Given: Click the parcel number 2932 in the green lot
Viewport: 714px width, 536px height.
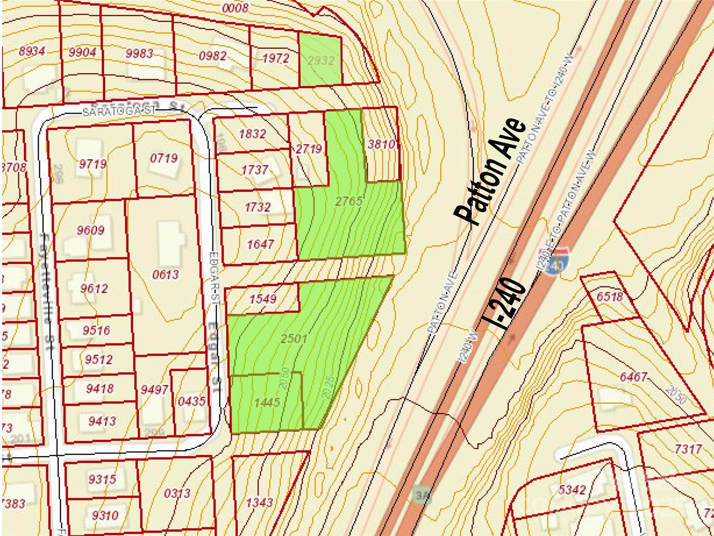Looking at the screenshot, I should pos(321,61).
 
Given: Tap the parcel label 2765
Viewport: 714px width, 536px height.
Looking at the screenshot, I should pos(349,201).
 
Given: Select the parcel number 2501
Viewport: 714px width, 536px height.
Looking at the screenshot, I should pos(294,338).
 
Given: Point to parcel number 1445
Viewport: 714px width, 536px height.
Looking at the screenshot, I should pos(267,402).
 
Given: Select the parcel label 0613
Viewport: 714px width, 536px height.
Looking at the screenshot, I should pos(166,275).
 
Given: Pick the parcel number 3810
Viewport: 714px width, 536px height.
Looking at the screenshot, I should pos(381,144).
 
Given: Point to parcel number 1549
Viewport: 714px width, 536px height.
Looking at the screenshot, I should pos(263,299).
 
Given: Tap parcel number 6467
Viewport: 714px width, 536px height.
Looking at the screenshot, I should pos(633,377).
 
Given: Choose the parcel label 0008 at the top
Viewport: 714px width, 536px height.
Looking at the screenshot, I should pos(235,8).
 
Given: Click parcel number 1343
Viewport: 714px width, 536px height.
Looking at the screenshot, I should pos(259,502).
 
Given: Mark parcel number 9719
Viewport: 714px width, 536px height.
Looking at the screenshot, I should pos(93,164).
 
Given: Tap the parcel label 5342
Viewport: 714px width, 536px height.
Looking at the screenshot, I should pos(572,490).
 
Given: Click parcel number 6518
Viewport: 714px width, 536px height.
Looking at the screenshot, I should pos(609,297).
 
